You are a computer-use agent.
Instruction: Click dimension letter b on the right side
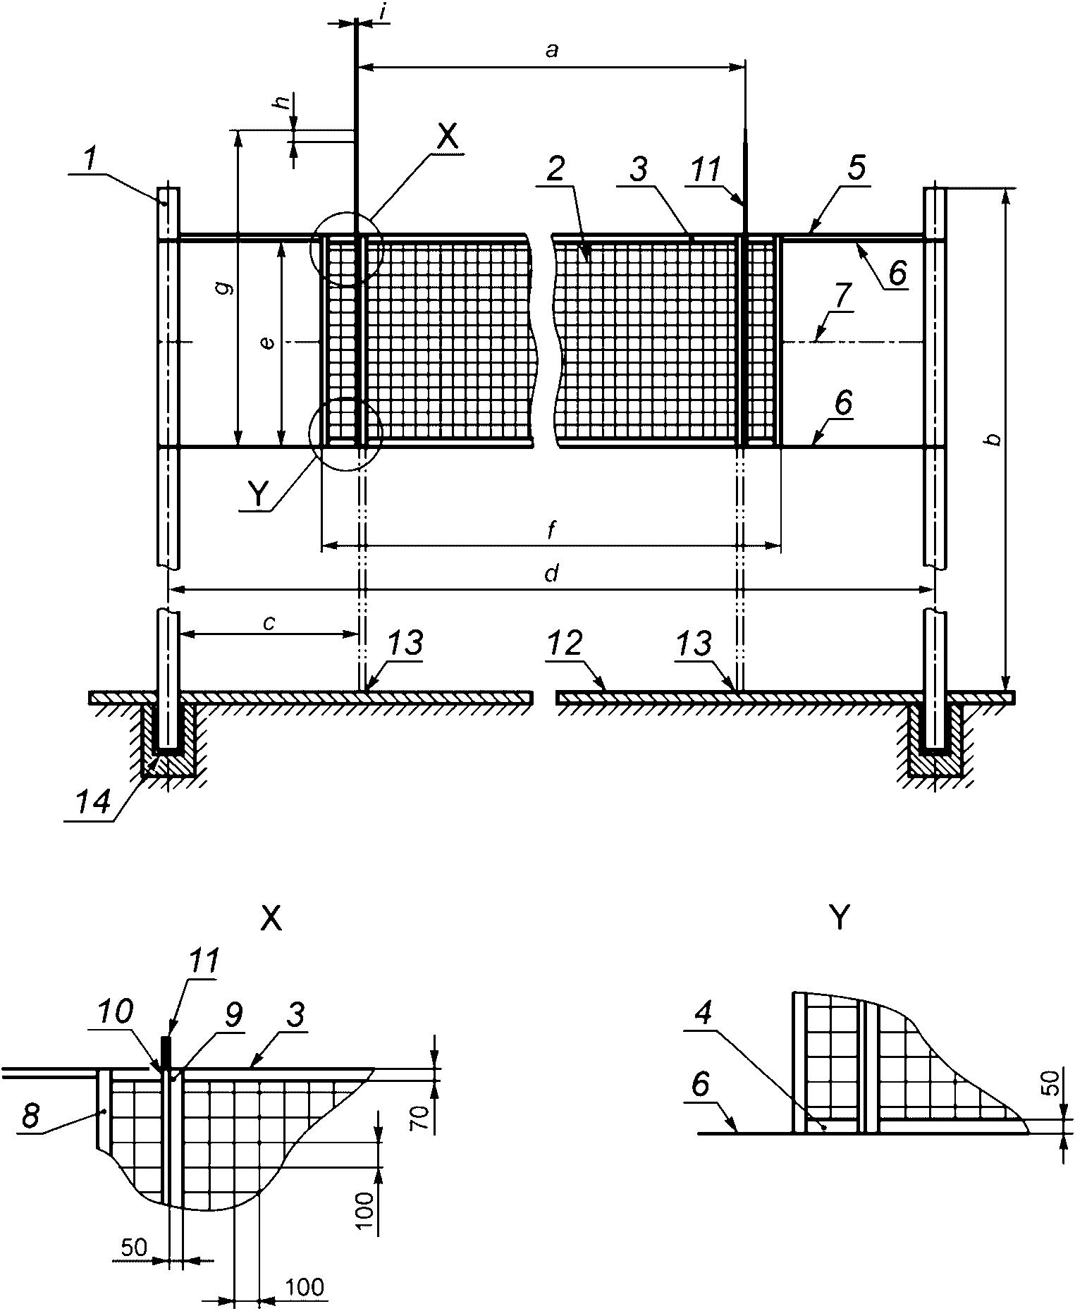coord(993,440)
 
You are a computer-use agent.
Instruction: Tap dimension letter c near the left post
coord(269,622)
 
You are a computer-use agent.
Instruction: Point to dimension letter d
coord(552,574)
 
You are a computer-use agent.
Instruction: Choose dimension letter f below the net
coord(552,531)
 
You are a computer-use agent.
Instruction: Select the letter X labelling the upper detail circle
coord(447,138)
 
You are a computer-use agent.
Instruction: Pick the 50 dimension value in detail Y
coord(1050,1082)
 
